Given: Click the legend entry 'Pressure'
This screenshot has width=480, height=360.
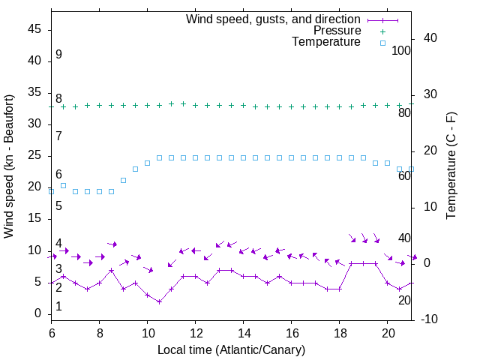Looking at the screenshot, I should click(337, 31).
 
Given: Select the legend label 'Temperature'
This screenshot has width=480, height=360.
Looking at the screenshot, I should click(326, 42).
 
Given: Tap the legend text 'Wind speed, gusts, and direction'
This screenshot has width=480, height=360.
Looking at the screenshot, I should click(274, 19).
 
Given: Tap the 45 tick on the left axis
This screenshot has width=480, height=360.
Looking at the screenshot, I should click(34, 29).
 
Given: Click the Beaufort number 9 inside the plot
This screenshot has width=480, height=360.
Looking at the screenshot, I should click(58, 55).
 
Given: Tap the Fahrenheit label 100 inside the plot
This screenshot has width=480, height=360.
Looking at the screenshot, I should click(401, 51).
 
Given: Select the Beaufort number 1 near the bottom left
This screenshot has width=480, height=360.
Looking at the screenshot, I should click(58, 307).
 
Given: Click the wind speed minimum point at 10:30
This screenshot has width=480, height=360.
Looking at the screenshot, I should click(160, 301).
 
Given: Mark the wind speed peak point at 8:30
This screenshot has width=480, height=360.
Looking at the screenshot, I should click(112, 270).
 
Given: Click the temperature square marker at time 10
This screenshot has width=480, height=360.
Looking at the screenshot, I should click(148, 163).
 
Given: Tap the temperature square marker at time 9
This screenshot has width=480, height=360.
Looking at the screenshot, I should click(124, 180).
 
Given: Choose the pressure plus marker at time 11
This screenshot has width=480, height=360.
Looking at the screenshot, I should click(172, 104).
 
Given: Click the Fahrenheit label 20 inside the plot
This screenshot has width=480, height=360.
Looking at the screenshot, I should click(404, 300).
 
